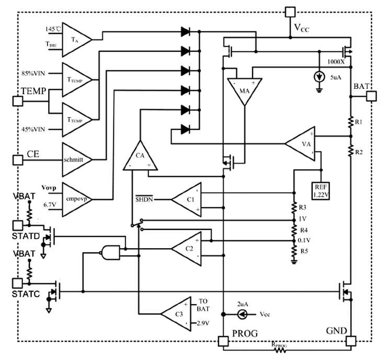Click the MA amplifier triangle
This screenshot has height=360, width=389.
[x=244, y=88]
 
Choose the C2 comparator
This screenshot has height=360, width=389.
[x=187, y=248]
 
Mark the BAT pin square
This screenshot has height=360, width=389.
[x=372, y=96]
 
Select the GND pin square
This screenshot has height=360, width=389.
[x=351, y=342]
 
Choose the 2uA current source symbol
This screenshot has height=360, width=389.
[x=242, y=314]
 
